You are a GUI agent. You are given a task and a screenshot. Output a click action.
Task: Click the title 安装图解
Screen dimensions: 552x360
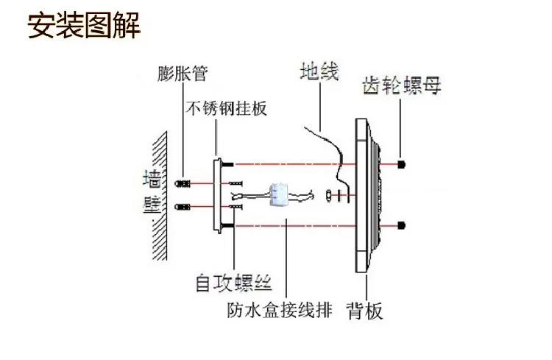tap(84, 25)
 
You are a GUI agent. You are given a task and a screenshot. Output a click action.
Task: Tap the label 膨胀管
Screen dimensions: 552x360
tap(183, 74)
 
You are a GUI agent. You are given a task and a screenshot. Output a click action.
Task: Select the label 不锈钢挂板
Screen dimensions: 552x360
tap(227, 108)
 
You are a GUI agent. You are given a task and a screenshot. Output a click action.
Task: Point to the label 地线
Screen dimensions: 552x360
tap(319, 71)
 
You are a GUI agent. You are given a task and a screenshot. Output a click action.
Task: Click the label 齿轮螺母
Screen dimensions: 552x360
tap(402, 85)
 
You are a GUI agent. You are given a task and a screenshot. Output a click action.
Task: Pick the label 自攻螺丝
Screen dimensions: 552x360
tap(234, 283)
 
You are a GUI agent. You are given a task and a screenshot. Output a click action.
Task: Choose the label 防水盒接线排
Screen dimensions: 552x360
tap(280, 310)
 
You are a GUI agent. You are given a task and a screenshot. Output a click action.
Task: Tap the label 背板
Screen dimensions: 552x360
tap(365, 311)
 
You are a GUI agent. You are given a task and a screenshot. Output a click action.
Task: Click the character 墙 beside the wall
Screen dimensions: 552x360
tap(152, 179)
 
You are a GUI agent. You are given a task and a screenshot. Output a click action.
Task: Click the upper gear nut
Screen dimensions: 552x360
tap(401, 164)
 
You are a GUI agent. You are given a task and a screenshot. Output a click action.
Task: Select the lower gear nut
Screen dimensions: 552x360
tap(401, 225)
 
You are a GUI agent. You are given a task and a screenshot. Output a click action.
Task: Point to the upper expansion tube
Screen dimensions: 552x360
tap(183, 183)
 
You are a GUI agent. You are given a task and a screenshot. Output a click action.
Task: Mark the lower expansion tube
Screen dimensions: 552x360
tap(183, 207)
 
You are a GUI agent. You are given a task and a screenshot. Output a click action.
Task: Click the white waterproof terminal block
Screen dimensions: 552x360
tap(280, 194)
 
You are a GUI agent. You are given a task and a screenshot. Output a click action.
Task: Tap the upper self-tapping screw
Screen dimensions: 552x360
tap(236, 183)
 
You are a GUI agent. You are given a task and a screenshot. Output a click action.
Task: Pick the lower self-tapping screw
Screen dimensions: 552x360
tap(236, 207)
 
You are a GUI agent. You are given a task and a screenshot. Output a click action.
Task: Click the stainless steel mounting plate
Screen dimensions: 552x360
tap(218, 196)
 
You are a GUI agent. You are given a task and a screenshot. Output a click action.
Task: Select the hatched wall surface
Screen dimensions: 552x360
tap(160, 196)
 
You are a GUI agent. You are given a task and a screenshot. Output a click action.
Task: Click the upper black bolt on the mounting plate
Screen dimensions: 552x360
tap(227, 164)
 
